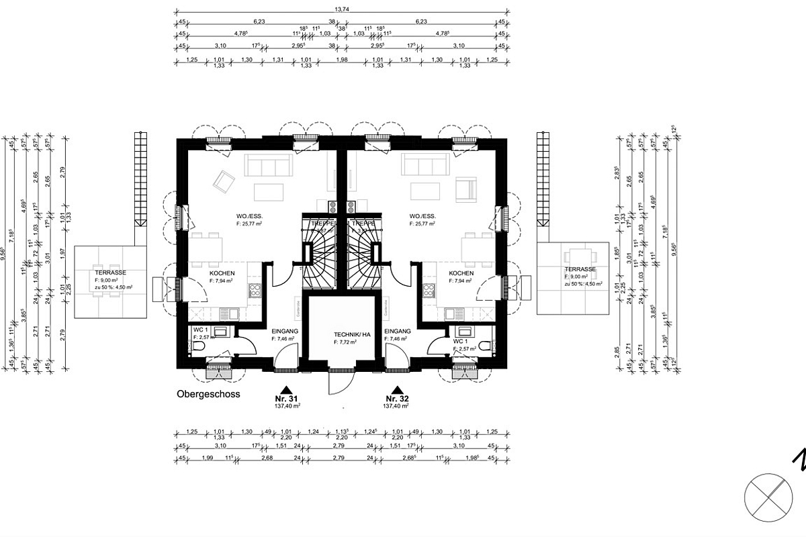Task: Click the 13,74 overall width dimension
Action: point(341,9)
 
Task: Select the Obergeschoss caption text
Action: point(208,395)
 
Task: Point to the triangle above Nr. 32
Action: point(397,389)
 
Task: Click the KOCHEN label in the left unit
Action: point(222,274)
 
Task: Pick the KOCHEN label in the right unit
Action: point(461,274)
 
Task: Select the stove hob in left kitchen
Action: point(256,291)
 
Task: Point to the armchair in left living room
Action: point(223,181)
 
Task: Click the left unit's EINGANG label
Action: point(284,332)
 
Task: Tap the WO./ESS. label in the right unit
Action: point(423,216)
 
